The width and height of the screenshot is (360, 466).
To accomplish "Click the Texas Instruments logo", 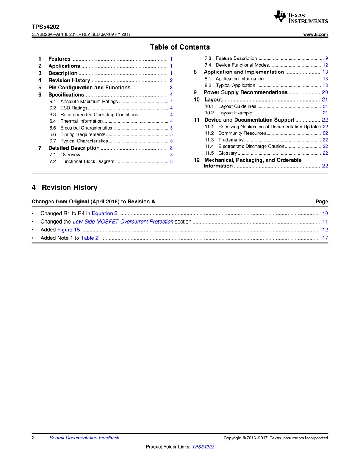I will pos(301,17).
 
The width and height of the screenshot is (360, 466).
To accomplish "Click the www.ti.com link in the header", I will pos(315,34).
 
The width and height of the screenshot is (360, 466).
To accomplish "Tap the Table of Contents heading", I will pos(180,47).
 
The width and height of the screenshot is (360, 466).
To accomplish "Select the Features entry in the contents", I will pos(59,59).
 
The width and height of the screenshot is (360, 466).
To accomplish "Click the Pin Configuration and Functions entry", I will pos(89,88).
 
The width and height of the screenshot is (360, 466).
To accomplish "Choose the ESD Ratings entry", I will pos(74,108).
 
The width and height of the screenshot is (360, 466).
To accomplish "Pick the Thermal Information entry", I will pos(81,122).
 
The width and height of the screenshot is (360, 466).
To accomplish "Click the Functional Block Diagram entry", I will pos(87,162).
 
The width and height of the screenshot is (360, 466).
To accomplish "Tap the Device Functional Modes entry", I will pos(242,65).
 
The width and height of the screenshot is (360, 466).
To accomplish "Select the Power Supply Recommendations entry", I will pos(246,92).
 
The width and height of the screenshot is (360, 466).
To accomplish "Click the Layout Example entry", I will pos(235,113).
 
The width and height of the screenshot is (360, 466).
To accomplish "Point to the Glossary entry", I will pos(228,153).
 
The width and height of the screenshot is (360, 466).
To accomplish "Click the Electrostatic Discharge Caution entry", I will pos(251,147).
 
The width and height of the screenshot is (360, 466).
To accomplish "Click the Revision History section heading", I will pos(69,188).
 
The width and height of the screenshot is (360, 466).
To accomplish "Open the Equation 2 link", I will pos(105,214).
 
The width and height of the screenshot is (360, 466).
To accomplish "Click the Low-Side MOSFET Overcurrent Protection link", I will pos(123,222).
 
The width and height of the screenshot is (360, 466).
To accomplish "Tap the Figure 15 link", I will pos(69,230).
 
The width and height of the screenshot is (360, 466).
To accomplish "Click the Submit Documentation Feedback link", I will pos(84,438).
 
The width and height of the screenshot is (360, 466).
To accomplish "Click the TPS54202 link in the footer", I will pos(203,447).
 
